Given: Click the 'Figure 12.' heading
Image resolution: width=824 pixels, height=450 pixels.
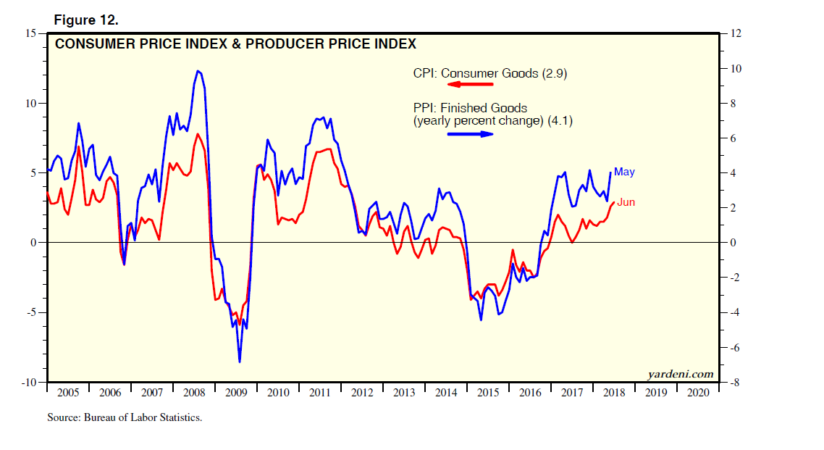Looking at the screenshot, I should tap(86, 20).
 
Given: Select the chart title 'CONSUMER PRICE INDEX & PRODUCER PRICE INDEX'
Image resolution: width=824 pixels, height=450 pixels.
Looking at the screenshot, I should tap(235, 44).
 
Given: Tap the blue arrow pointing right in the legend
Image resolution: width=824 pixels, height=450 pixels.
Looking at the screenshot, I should tap(470, 134).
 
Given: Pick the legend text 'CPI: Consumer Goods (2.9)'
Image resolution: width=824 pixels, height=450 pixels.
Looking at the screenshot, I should tap(486, 73).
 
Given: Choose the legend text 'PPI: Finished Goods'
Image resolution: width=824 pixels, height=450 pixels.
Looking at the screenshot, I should tap(470, 109).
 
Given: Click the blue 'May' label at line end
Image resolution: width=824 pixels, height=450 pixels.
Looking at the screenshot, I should tap(624, 172).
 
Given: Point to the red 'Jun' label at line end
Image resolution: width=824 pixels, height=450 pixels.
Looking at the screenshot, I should tap(626, 202).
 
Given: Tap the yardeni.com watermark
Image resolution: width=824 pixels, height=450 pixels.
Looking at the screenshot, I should tap(680, 374).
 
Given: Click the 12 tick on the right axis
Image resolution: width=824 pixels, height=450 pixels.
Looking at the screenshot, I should tap(736, 33).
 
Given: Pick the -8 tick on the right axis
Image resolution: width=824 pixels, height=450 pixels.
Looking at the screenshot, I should tap(734, 382).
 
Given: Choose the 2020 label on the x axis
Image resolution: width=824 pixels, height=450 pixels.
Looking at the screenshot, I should tap(697, 393).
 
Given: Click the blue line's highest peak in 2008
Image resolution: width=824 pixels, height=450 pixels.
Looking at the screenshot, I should tap(198, 70).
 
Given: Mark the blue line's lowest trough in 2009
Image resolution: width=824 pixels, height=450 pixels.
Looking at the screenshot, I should tap(239, 362).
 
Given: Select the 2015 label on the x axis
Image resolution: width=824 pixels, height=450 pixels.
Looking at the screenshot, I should tap(487, 393).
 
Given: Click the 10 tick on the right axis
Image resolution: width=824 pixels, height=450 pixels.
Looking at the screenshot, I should tap(736, 68).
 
